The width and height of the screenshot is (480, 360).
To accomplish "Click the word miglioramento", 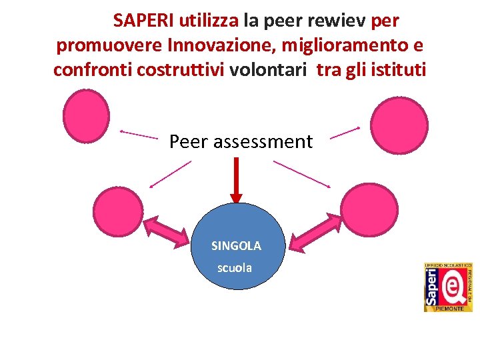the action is pos(337,46).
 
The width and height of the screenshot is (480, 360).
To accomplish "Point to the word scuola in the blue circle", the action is pos(235,268).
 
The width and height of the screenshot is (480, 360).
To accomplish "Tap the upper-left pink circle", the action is pos(86,117).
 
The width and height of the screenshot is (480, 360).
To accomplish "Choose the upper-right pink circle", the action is pos(399,125).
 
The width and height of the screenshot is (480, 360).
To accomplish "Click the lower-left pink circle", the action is pos(117,210).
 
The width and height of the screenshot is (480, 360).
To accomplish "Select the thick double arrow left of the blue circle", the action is pos(167,231).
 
